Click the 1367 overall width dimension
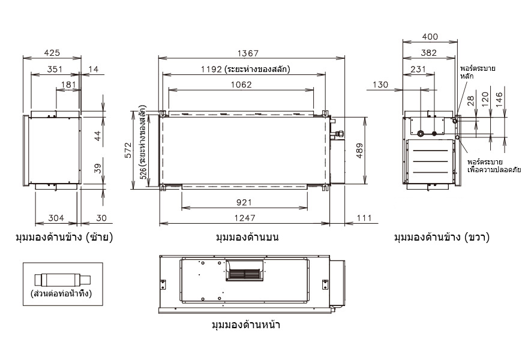(x=248, y=53)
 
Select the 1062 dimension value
(x=241, y=85)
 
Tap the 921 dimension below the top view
(x=244, y=202)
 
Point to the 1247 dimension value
(x=245, y=218)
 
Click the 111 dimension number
(x=364, y=218)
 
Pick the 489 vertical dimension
(x=359, y=151)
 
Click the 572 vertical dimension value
(x=128, y=150)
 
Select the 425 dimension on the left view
(x=52, y=53)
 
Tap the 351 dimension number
(x=55, y=69)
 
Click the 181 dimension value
(x=68, y=85)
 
